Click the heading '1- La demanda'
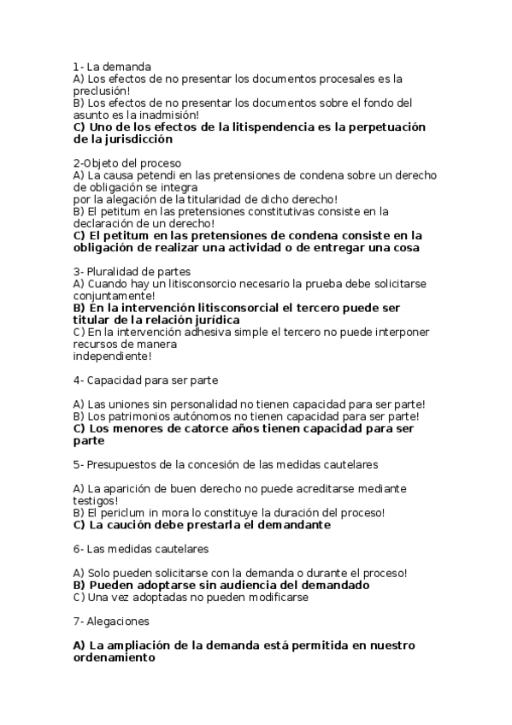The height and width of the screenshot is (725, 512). (x=113, y=66)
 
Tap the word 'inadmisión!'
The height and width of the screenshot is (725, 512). (x=169, y=114)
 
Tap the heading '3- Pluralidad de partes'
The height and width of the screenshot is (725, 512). (x=127, y=271)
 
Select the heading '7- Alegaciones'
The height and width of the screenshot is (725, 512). (x=112, y=622)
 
